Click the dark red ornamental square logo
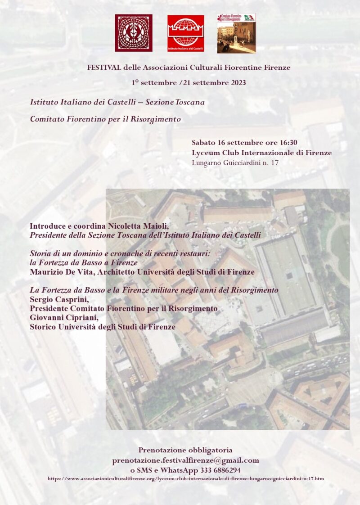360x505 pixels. (133, 32)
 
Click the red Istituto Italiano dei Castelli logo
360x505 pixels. (185, 33)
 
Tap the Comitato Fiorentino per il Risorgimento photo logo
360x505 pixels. (236, 33)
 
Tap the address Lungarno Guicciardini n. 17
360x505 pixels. (235, 162)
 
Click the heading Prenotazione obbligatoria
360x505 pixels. (185, 450)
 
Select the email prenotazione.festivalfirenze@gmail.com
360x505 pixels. (185, 460)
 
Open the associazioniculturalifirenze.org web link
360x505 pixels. (185, 478)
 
